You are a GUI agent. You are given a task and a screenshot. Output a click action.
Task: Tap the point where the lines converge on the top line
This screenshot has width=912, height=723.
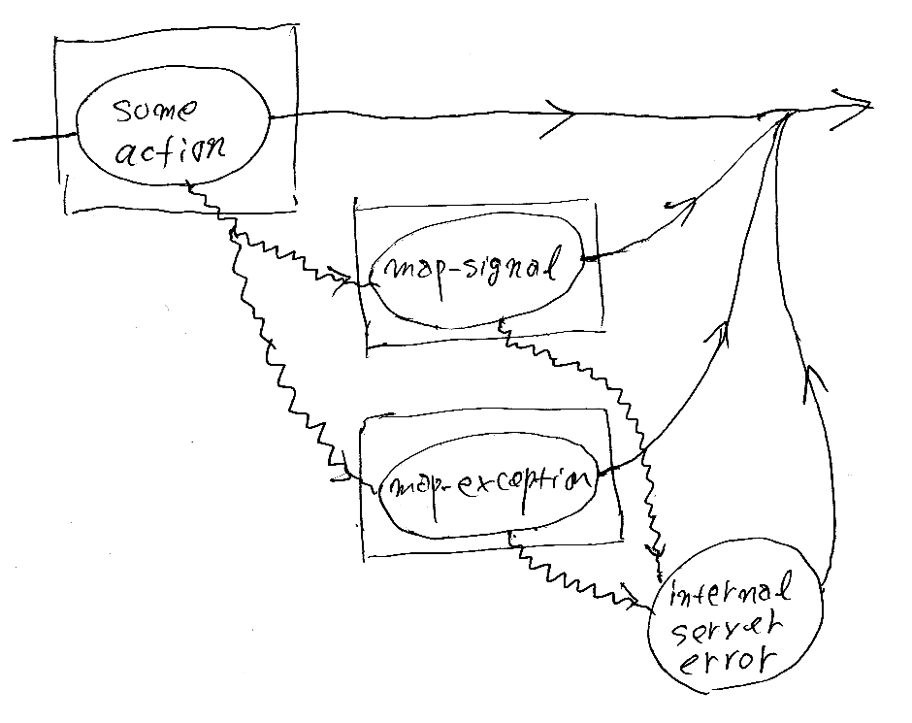[788, 112]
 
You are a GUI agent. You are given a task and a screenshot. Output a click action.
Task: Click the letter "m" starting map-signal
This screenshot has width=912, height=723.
[395, 272]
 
